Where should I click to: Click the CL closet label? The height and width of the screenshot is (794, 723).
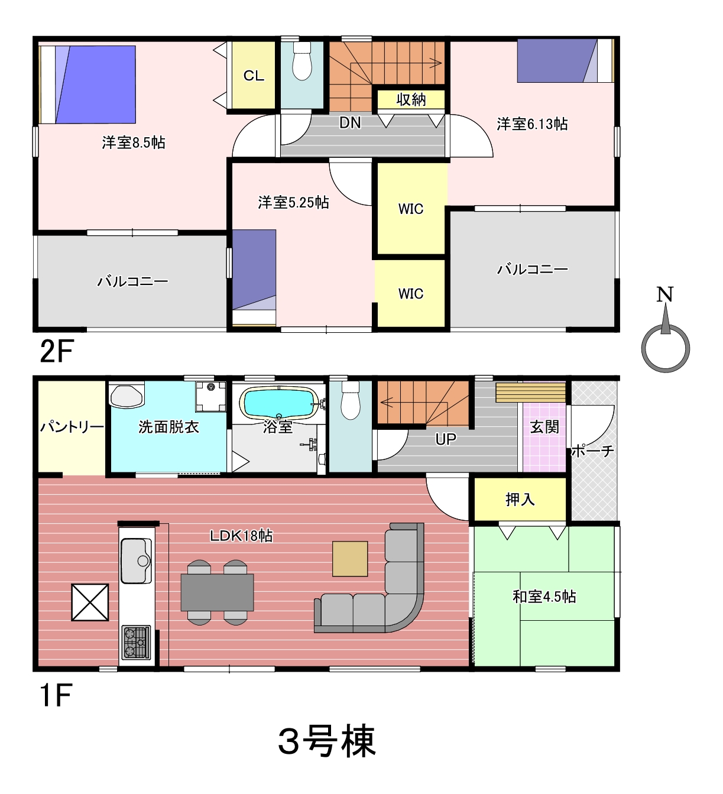point(254,75)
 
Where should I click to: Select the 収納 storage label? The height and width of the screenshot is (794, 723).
point(411,99)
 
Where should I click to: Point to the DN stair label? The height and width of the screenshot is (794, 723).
point(350,123)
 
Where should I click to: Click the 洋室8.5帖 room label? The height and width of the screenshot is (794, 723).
point(134,142)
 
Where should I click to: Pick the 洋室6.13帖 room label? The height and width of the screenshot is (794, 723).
point(532,124)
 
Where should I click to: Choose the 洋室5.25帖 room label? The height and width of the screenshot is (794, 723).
point(293,202)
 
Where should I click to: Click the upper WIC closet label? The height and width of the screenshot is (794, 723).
point(411,209)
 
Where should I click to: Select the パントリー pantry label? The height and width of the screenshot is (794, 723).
point(72,427)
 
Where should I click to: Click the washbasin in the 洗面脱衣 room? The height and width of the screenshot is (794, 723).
point(126,396)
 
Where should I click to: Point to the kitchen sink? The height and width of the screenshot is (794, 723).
point(136,560)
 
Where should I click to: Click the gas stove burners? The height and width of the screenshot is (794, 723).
point(136,643)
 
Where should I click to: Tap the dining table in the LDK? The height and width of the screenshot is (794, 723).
point(217,592)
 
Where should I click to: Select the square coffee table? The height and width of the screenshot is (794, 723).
point(349,559)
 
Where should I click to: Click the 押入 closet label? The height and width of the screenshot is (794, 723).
point(520,500)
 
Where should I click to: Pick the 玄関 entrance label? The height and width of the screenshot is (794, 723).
point(544,427)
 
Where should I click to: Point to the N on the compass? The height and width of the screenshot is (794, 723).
point(665,294)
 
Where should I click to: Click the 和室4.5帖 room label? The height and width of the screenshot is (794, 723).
point(544,597)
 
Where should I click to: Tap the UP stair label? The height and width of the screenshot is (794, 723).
point(445,439)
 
